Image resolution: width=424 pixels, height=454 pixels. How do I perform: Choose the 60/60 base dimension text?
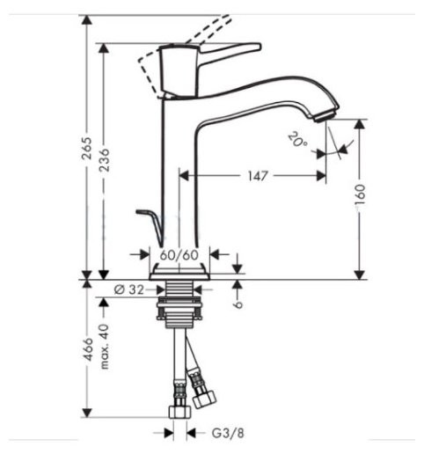pos(180,255)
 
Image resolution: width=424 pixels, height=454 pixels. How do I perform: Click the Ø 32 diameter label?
pos(131,288)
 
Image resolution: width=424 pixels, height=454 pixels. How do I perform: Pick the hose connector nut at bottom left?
pos(179,413)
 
